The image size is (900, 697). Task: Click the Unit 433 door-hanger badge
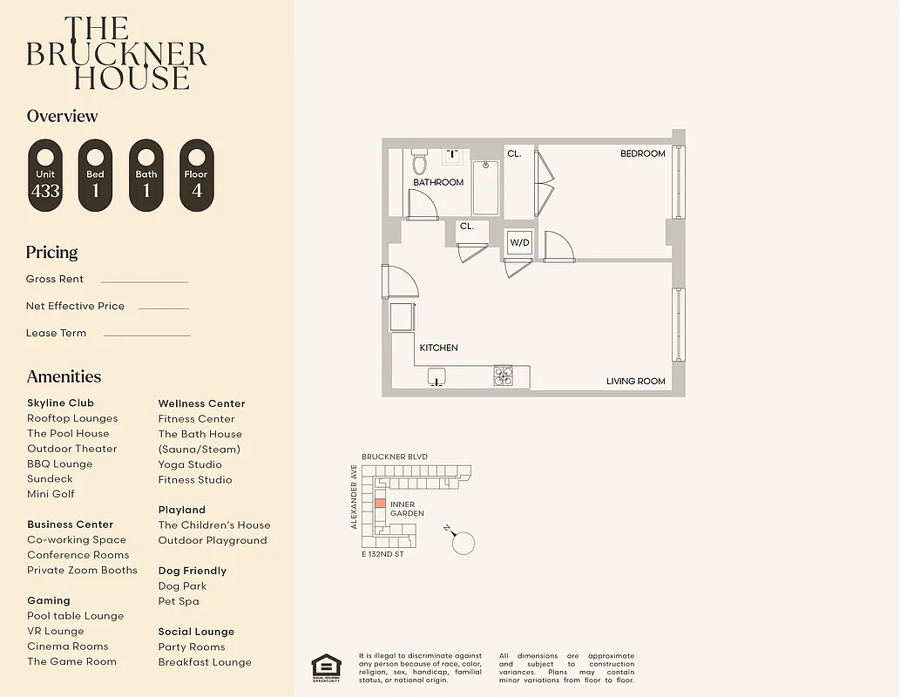coord(45,175)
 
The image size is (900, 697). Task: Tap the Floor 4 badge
coord(196,175)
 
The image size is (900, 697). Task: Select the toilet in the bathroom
coord(419,162)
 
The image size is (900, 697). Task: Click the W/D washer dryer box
coord(519,242)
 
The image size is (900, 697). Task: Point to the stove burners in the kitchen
coord(504,376)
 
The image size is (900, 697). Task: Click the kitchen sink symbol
coord(437,376)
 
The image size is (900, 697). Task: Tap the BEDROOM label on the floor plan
coord(642,153)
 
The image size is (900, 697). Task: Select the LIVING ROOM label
coord(635,381)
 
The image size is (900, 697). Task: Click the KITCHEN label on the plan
coord(438,348)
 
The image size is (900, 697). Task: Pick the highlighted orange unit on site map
coord(380,504)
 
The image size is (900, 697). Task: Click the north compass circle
coord(464,543)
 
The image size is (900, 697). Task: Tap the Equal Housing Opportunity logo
coord(327,667)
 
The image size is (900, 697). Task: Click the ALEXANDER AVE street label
coord(354,497)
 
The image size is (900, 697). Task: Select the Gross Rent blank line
coord(144,281)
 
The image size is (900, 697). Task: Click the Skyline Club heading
coord(60,403)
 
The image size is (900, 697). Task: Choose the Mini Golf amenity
coord(51,494)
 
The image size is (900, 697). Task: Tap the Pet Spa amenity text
coord(179,601)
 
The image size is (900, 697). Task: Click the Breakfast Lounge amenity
coord(205,662)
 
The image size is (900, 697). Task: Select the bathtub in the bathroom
coord(485,187)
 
